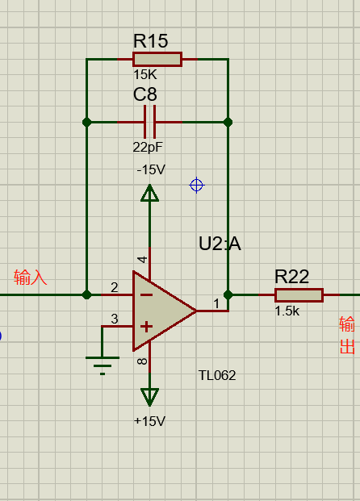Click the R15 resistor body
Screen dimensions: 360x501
coord(157,60)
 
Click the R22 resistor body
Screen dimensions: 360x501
coord(299,295)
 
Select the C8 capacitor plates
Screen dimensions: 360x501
coord(149,122)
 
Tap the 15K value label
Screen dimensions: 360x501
coord(145,75)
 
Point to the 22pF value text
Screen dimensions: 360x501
coord(148,148)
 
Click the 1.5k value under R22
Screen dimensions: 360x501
coord(287,311)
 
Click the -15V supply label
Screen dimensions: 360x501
coord(151,169)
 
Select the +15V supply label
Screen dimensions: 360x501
coord(149,421)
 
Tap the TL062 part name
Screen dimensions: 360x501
coord(217,375)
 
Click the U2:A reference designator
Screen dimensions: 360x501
coord(220,244)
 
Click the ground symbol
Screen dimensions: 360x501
coord(103,365)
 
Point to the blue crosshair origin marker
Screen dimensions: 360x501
coord(197,185)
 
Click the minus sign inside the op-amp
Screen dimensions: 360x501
coord(146,294)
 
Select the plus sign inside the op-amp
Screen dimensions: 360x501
coord(146,327)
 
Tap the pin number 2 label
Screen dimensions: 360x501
coord(115,287)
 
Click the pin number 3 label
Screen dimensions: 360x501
coord(115,319)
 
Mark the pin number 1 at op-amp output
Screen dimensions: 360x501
coord(216,303)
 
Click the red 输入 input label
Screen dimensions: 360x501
coord(31,277)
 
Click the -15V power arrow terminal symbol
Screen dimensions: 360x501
coord(149,193)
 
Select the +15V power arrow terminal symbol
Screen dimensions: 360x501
coord(149,397)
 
